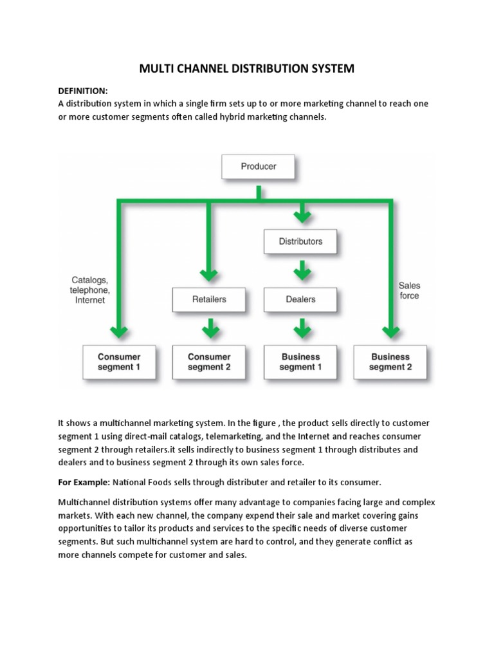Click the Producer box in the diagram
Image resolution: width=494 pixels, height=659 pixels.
[x=258, y=166]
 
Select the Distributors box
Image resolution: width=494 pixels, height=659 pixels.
[x=300, y=242]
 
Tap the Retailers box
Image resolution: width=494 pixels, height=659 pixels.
[x=209, y=299]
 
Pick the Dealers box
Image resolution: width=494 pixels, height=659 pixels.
[x=300, y=299]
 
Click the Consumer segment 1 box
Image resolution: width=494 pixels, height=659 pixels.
[x=119, y=362]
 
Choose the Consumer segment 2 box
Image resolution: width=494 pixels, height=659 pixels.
[x=209, y=362]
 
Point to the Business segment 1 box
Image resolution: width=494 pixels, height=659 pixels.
[x=300, y=362]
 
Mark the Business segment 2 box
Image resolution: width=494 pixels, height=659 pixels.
[x=390, y=362]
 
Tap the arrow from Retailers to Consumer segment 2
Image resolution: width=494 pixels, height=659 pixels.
[x=209, y=328]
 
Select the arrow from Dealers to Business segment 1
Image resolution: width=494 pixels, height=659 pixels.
[x=300, y=328]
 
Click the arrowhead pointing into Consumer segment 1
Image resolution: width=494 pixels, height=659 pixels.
[x=119, y=332]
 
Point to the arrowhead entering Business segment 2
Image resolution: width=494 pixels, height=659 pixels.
[x=390, y=332]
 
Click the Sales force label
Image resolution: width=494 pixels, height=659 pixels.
[x=409, y=290]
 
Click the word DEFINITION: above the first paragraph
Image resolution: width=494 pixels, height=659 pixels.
[x=83, y=91]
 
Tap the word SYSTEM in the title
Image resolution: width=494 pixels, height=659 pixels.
[x=328, y=68]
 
